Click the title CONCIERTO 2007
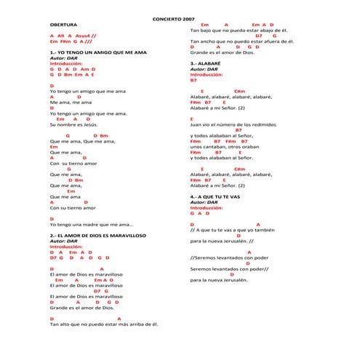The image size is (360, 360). point(174,17)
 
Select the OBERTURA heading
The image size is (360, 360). point(65,24)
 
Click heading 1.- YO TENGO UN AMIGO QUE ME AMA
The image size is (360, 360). point(98,54)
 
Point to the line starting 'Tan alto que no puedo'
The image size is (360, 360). point(104,324)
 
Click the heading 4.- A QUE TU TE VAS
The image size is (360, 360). point(215,196)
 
